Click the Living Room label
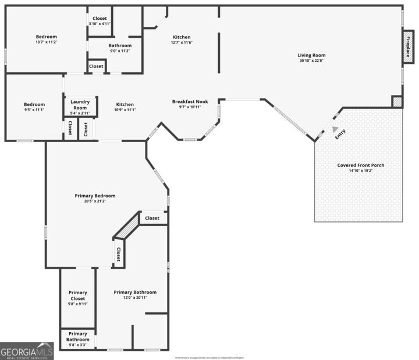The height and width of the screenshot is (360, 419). pyautogui.click(x=311, y=55)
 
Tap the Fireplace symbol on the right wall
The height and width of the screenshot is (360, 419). pyautogui.click(x=409, y=47)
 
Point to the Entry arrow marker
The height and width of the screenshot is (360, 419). pyautogui.click(x=335, y=130)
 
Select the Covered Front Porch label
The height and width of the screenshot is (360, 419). pyautogui.click(x=361, y=165)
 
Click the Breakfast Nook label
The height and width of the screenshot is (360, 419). pyautogui.click(x=190, y=102)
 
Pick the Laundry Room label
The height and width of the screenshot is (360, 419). pyautogui.click(x=80, y=105)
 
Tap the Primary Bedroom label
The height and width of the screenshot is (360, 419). pyautogui.click(x=95, y=196)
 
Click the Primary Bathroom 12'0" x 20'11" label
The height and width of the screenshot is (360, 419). pyautogui.click(x=135, y=292)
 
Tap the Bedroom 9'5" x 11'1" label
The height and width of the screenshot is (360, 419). pyautogui.click(x=34, y=105)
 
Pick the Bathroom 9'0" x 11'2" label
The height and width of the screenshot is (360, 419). pyautogui.click(x=120, y=45)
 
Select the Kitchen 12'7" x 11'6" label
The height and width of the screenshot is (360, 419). pyautogui.click(x=182, y=37)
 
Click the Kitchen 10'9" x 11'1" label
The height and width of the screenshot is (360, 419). pyautogui.click(x=125, y=105)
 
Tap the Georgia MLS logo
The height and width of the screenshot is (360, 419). pyautogui.click(x=27, y=351)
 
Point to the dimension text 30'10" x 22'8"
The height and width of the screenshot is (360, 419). pyautogui.click(x=311, y=61)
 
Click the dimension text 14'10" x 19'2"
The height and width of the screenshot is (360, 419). pyautogui.click(x=361, y=171)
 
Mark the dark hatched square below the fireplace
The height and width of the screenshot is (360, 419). pyautogui.click(x=397, y=101)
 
